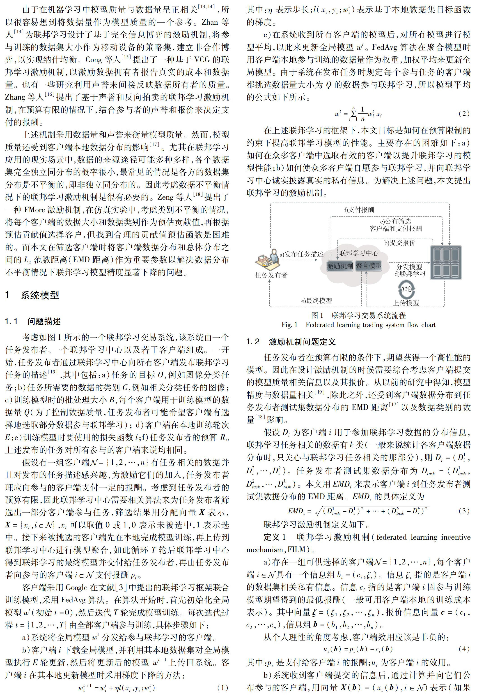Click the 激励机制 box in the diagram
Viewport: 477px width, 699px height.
[x=340, y=266]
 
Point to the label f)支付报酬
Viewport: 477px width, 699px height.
[x=359, y=210]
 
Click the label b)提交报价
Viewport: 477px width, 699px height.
[x=400, y=243]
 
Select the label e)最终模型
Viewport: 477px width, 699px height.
[x=316, y=301]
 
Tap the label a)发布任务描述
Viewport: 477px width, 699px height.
[x=301, y=254]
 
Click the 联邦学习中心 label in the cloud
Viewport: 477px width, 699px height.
[x=359, y=253]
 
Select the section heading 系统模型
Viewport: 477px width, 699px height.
[x=40, y=295]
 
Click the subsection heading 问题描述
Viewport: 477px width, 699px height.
[x=44, y=322]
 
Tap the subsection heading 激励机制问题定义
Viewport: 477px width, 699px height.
[x=302, y=342]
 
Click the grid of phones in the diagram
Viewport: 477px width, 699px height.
[x=446, y=263]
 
